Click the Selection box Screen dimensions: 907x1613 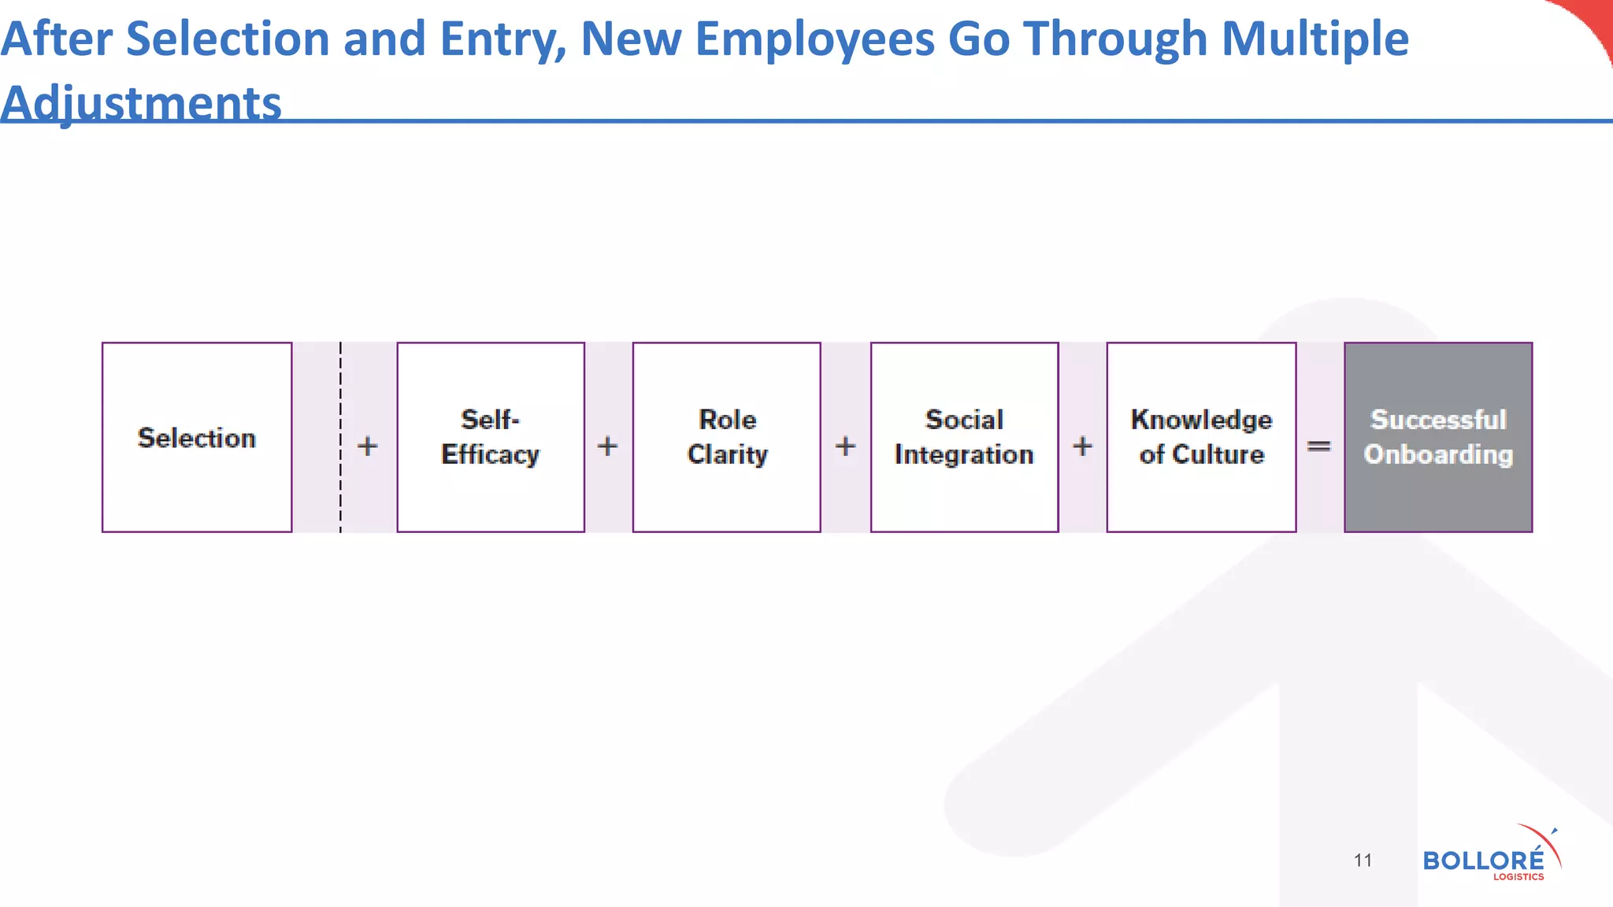coord(197,438)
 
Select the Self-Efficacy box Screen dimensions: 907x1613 coord(491,438)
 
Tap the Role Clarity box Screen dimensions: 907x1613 coord(727,438)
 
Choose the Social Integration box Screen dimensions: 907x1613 coord(964,438)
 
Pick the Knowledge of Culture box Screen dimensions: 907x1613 coord(1201,438)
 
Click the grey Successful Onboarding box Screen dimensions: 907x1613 coord(1438,438)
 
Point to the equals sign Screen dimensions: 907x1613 coord(1319,446)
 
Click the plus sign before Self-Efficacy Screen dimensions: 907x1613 coord(368,446)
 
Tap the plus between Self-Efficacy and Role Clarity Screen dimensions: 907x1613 coord(607,446)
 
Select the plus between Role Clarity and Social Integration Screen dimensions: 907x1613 coord(845,446)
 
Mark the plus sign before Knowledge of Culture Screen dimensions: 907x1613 coord(1083,446)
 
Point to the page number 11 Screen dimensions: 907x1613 coord(1363,861)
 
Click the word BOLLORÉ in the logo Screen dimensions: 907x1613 coord(1483,860)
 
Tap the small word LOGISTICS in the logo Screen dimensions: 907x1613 coord(1518,877)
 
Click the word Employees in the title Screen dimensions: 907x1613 coord(814,39)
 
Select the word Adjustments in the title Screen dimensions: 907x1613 coord(141,103)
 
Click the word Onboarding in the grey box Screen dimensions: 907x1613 coord(1438,455)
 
